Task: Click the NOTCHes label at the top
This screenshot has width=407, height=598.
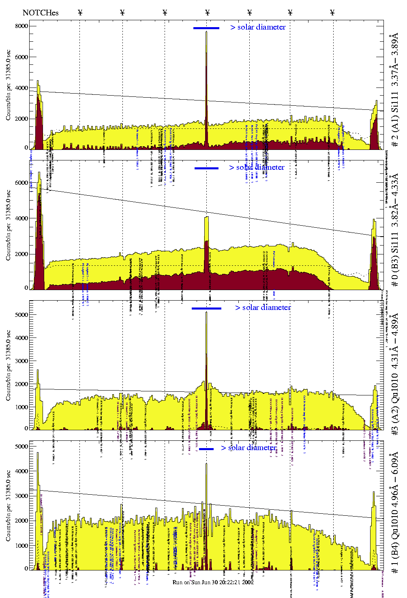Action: click(41, 13)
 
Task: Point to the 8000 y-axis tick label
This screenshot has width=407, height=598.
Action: click(21, 26)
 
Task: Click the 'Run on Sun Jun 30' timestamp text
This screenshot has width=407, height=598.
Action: click(213, 582)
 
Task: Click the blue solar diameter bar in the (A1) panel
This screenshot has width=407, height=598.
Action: click(206, 28)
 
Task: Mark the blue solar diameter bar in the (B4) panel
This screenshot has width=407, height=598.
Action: click(206, 449)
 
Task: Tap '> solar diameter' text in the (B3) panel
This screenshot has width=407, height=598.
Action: click(257, 167)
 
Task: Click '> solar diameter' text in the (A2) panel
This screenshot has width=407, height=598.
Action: click(263, 308)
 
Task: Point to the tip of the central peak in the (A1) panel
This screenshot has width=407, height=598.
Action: click(206, 32)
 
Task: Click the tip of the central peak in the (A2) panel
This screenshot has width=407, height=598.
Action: click(206, 312)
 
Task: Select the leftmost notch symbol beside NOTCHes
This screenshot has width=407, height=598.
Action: click(80, 13)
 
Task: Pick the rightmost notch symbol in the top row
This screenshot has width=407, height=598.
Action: click(332, 13)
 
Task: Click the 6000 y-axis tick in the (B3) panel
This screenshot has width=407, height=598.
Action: click(21, 183)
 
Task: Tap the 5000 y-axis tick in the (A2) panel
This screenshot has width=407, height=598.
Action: click(21, 315)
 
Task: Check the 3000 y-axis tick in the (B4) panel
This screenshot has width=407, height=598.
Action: click(21, 496)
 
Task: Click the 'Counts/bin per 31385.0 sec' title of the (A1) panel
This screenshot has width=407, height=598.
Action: click(9, 85)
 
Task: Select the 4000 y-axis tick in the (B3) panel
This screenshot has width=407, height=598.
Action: click(21, 218)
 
